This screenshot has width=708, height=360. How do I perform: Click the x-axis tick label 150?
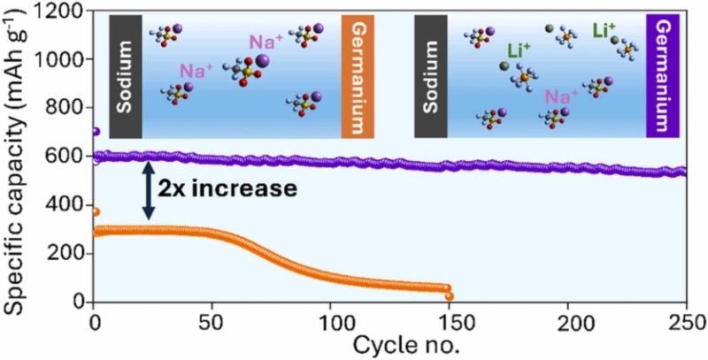(x=450, y=320)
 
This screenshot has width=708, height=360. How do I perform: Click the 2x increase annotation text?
(x=228, y=188)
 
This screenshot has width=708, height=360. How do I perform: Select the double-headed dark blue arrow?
(x=149, y=189)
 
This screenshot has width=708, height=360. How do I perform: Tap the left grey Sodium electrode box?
(x=125, y=77)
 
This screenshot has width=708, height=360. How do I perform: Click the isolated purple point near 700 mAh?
(x=96, y=132)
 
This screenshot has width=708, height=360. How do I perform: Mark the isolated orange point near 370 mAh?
(x=96, y=211)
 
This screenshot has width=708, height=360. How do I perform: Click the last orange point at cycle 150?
(x=450, y=296)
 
